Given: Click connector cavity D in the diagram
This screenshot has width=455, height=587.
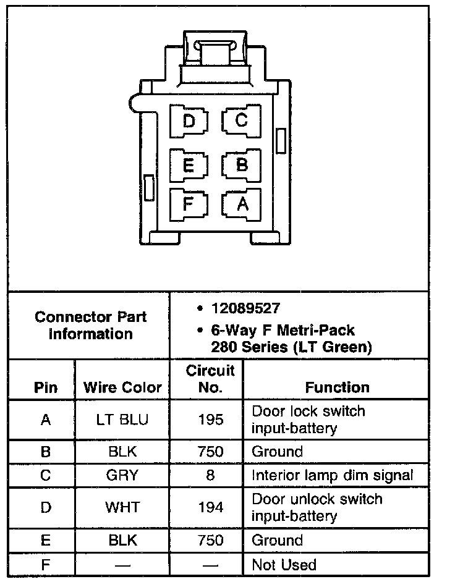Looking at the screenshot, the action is (189, 120).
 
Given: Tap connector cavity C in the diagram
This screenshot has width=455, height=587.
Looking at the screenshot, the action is (241, 120).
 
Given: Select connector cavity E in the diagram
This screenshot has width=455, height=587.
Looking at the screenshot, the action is (189, 165).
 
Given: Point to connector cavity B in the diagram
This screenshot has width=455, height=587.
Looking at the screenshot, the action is (241, 165).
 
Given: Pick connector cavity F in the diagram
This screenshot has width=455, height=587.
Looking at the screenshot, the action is (189, 204).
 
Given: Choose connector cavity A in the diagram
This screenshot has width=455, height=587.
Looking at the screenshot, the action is (241, 204).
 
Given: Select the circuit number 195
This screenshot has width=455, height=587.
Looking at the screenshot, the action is (210, 420).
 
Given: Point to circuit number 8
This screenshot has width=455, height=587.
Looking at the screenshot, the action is (210, 476).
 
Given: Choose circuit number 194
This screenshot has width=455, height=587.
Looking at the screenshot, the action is (210, 508).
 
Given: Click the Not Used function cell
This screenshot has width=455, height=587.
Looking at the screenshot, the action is (284, 565).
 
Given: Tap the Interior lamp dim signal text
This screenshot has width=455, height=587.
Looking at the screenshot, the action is (332, 476).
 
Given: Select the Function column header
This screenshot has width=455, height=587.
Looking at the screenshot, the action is (337, 387).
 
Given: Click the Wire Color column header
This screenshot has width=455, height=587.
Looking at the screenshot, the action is (122, 387).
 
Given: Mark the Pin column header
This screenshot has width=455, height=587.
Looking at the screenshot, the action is (45, 387).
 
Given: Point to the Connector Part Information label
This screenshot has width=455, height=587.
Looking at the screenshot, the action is (90, 326).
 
